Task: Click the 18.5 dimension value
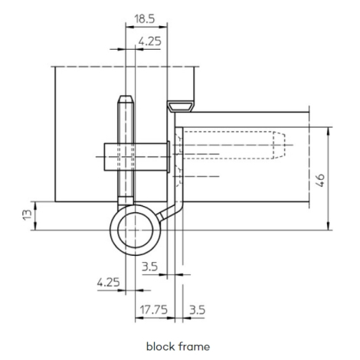point(145,19)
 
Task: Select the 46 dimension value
point(320,180)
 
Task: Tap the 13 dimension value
point(28,214)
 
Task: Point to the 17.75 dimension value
point(154,309)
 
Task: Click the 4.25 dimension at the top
point(150,41)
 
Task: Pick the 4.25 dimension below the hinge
point(108,283)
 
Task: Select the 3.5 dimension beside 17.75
point(197,309)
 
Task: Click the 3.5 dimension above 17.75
point(150,267)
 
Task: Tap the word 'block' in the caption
point(161,346)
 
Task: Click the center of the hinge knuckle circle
point(135,230)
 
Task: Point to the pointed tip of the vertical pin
point(126,97)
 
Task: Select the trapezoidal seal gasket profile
point(181,106)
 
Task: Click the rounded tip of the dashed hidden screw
point(283,145)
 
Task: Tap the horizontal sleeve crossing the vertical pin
point(136,157)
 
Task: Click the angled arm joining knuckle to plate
point(169,213)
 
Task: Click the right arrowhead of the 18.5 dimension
point(163,27)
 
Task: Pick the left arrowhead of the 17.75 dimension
point(139,318)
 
